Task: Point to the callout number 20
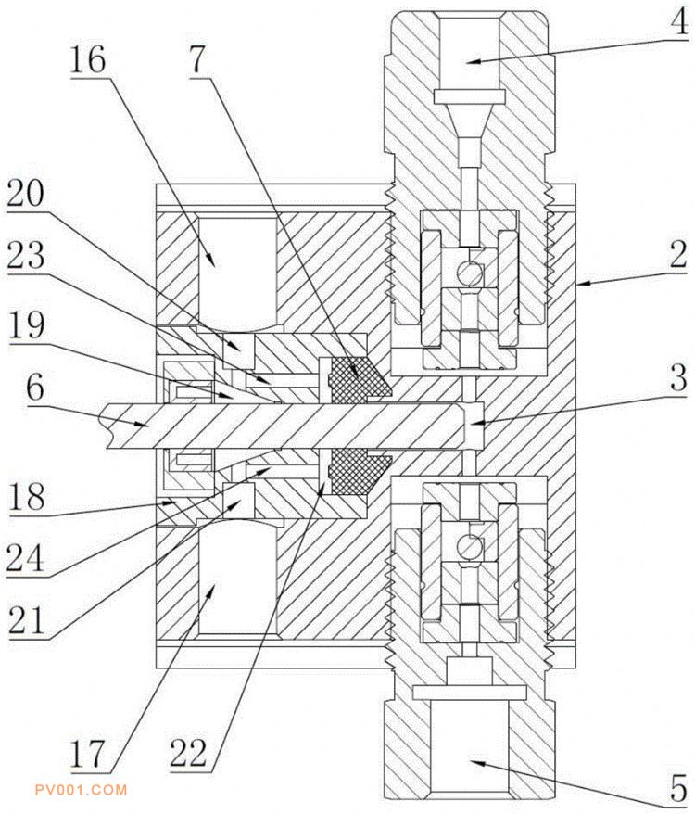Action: (x=25, y=193)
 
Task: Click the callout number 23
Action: (x=25, y=255)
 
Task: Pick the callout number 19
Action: (x=26, y=325)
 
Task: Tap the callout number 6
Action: (x=35, y=388)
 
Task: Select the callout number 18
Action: (x=26, y=496)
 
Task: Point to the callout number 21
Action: (x=25, y=618)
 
